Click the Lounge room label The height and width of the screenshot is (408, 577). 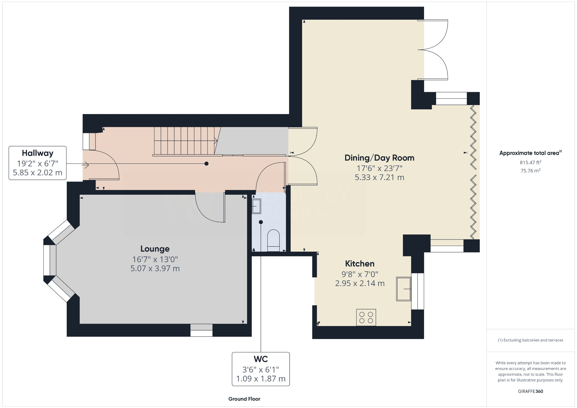(x=155, y=249)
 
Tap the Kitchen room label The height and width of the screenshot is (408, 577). (x=360, y=264)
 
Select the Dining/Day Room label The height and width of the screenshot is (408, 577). (x=379, y=158)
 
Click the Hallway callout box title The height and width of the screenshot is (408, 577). (x=37, y=153)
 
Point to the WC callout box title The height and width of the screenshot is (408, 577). (x=261, y=359)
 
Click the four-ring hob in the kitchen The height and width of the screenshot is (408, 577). (x=366, y=318)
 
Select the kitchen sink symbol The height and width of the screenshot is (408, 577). (x=403, y=289)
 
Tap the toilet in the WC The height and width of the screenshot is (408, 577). (x=273, y=240)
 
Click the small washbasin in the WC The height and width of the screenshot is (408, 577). (x=256, y=206)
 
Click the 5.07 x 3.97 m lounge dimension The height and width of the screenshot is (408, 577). (x=155, y=269)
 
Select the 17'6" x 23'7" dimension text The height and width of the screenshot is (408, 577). (x=379, y=168)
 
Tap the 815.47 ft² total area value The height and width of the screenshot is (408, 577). (x=530, y=163)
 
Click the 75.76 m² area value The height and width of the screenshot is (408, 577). (x=530, y=171)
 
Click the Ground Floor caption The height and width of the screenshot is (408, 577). (x=244, y=399)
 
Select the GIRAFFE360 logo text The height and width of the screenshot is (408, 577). (x=530, y=391)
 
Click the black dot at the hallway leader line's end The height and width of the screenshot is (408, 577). (x=207, y=164)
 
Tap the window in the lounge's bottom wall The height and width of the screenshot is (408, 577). (x=201, y=330)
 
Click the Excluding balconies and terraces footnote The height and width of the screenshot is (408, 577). (x=530, y=340)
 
